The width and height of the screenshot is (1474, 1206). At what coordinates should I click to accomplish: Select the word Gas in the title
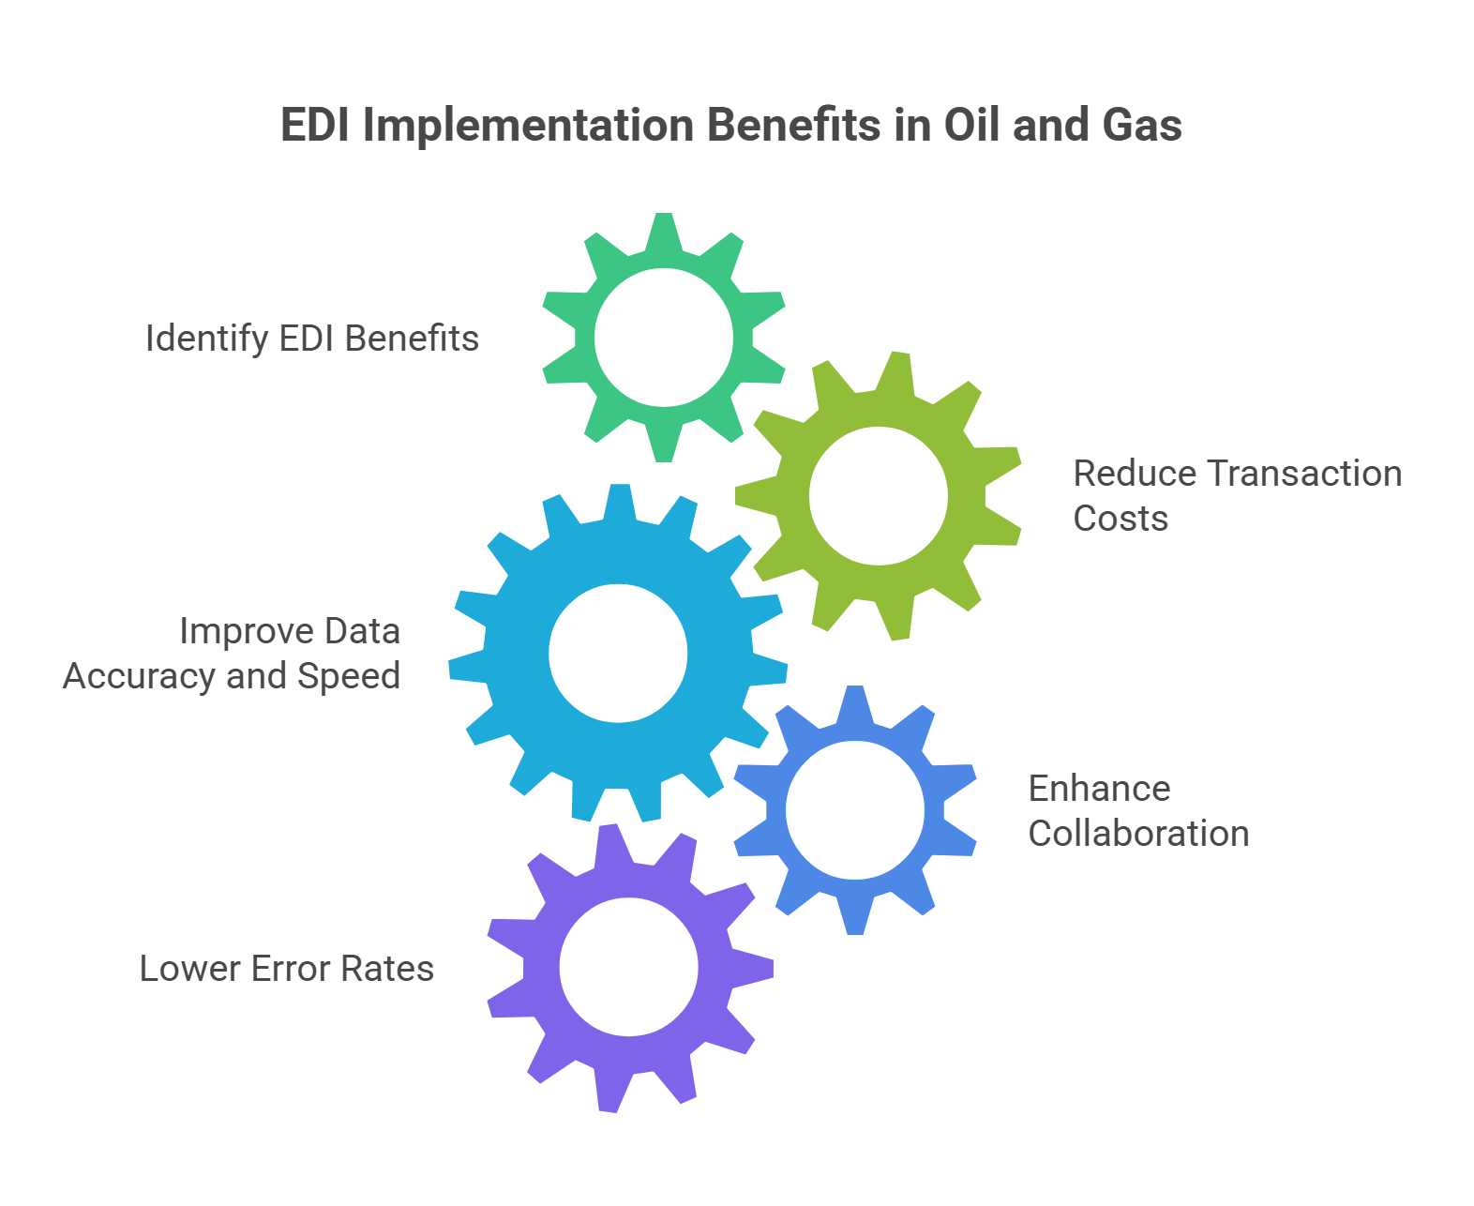1142,125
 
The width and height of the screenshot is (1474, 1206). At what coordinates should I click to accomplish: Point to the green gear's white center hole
664,338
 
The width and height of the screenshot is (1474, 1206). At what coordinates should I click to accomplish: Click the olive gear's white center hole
879,496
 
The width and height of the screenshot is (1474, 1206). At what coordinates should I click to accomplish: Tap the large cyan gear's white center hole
618,653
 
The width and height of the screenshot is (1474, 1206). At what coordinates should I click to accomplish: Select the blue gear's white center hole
855,810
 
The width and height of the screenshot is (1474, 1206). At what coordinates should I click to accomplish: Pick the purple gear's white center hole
629,967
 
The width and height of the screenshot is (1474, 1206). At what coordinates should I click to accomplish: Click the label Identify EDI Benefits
312,339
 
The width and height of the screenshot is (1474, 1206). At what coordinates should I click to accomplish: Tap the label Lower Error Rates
287,969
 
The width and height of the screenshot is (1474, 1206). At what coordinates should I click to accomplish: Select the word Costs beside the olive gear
1121,519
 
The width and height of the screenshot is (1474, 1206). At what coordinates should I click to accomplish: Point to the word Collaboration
1138,834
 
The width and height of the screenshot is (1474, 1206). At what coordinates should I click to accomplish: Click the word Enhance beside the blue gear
1099,789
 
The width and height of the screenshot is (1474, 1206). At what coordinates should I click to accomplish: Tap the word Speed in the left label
349,676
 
